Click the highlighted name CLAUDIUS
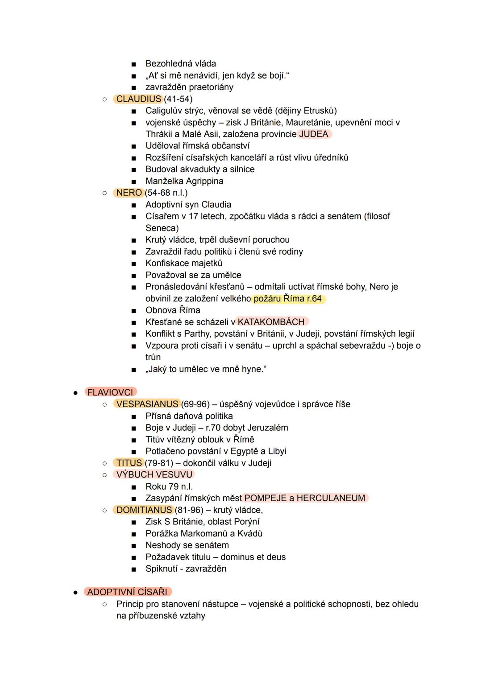click(138, 99)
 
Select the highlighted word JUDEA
click(314, 134)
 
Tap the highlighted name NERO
click(129, 193)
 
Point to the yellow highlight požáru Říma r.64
click(288, 299)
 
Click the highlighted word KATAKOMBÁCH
click(271, 322)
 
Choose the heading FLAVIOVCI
click(110, 392)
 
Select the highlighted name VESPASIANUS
click(147, 404)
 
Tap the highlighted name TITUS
click(129, 463)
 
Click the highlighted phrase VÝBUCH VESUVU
click(154, 474)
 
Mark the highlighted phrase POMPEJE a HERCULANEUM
click(305, 498)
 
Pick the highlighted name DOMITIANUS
click(144, 510)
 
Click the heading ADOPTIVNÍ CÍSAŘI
click(127, 592)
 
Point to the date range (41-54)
click(178, 99)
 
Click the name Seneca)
click(162, 228)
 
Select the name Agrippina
click(204, 181)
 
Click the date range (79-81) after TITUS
click(159, 463)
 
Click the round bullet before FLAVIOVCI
click(76, 393)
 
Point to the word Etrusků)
click(320, 111)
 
